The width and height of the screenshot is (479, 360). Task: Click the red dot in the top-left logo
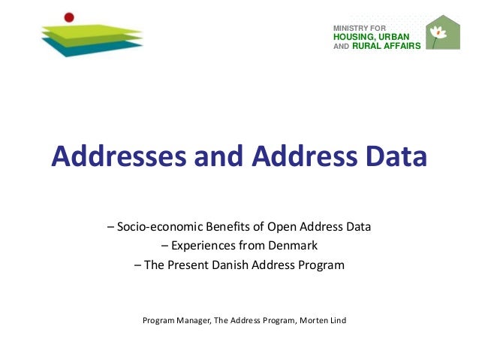click(x=69, y=17)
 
